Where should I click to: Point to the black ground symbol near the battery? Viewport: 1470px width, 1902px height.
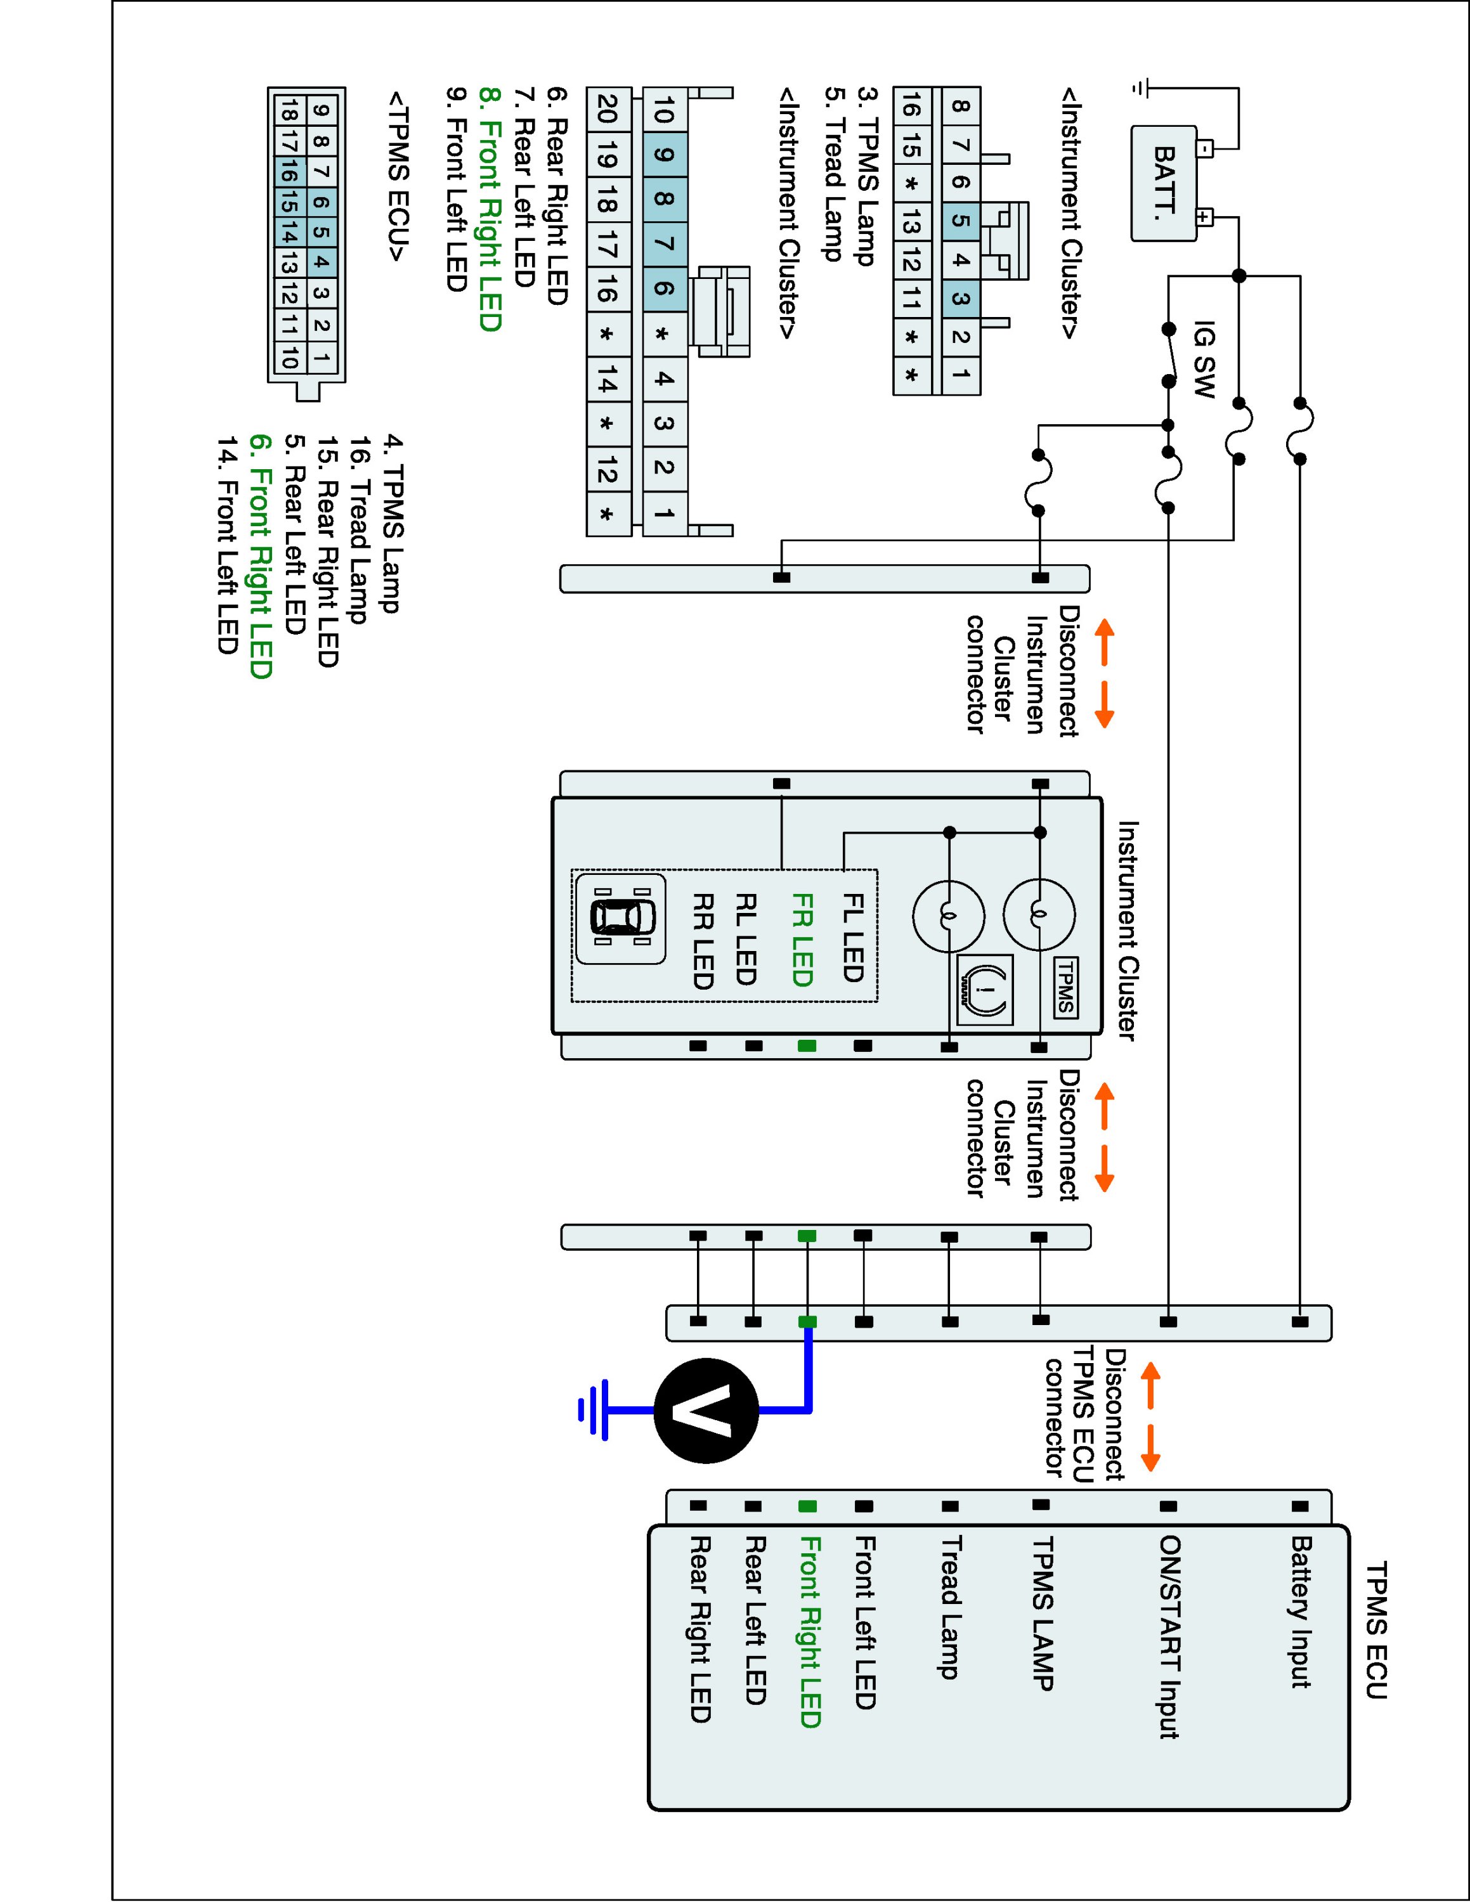[x=1141, y=88]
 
